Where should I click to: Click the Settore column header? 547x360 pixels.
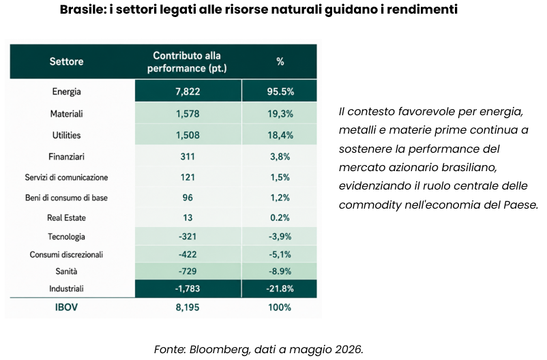point(66,62)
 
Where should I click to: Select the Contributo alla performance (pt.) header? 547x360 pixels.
point(187,62)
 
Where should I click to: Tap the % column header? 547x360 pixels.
point(280,62)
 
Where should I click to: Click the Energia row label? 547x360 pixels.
point(66,91)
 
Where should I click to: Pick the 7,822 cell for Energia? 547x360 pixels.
point(188,91)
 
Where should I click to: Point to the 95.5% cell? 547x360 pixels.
point(280,91)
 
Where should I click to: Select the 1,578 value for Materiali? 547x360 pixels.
point(188,114)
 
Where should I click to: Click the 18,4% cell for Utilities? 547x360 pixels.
point(280,135)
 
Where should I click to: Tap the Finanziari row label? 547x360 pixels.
point(66,157)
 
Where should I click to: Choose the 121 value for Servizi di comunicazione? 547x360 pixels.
point(188,177)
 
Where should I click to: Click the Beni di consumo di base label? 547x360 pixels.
point(66,198)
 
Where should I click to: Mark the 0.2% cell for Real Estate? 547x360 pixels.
point(280,217)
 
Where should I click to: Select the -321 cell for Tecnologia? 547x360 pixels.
point(188,237)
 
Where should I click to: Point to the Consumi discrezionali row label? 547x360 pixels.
point(66,254)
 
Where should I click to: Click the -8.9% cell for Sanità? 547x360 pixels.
point(280,271)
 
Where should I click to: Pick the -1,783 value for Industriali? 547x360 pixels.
point(188,288)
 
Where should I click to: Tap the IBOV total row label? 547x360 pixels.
point(66,307)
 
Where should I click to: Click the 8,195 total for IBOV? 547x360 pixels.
point(188,307)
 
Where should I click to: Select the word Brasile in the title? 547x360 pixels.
point(83,10)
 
